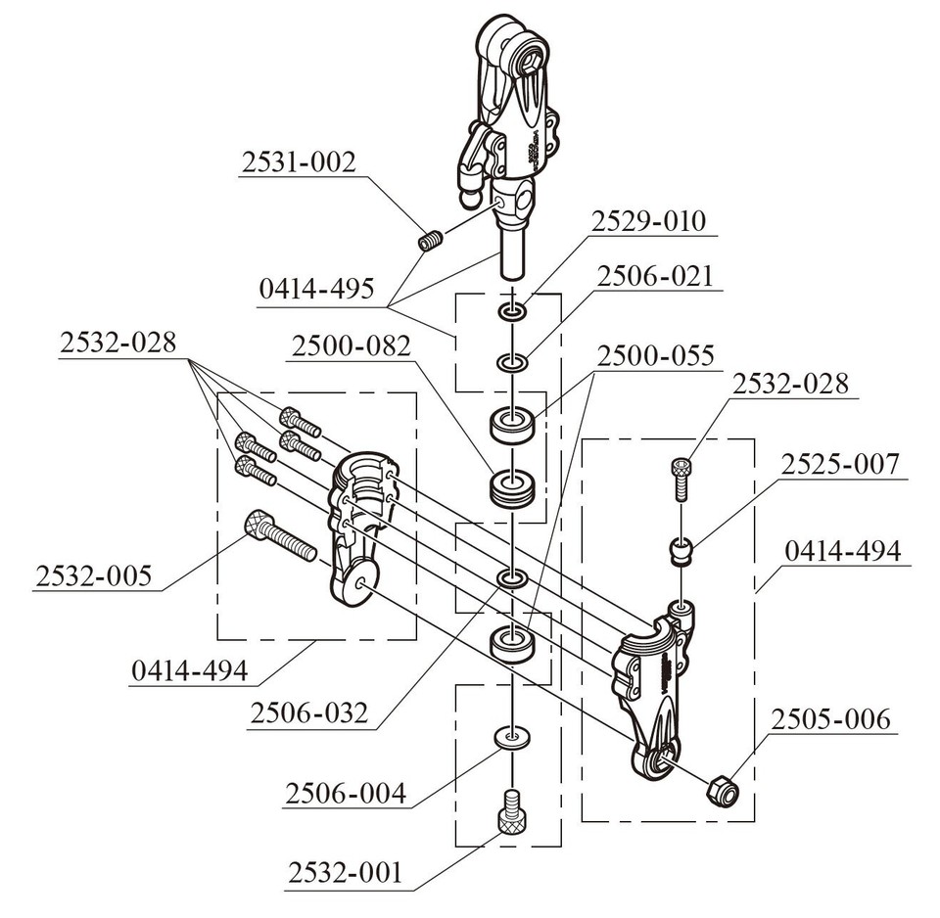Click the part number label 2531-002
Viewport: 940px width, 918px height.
[x=297, y=163]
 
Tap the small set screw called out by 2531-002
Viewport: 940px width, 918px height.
[x=431, y=239]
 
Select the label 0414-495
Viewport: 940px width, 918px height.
[x=316, y=291]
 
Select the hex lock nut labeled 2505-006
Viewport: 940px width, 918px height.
[x=722, y=790]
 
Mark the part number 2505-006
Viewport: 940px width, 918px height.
[x=831, y=720]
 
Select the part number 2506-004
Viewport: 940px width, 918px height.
[x=346, y=793]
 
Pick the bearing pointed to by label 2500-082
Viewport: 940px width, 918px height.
[x=513, y=485]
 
